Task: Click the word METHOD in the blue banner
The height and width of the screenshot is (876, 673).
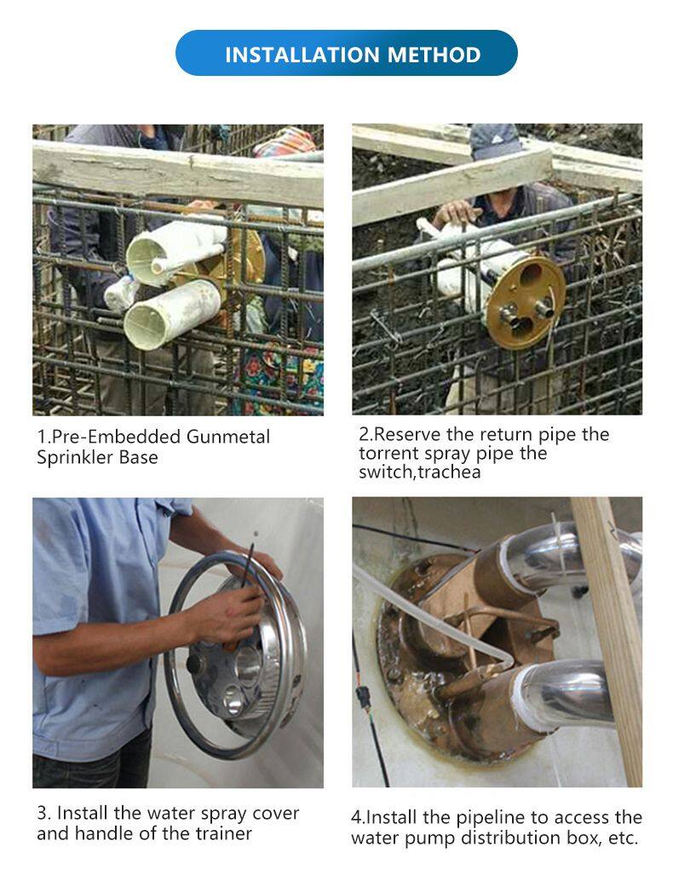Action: tap(434, 55)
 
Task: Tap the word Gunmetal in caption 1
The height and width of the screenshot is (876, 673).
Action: tap(227, 437)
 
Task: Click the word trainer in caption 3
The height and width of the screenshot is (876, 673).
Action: tap(223, 833)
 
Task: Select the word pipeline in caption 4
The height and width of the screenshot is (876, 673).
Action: tap(491, 819)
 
